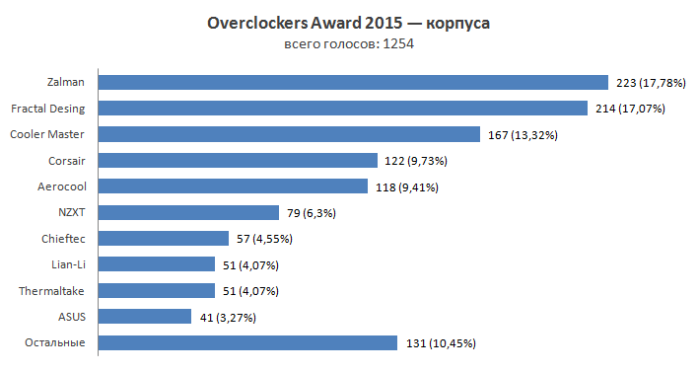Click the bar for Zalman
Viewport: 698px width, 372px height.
pyautogui.click(x=355, y=83)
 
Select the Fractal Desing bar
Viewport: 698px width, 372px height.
pyautogui.click(x=344, y=109)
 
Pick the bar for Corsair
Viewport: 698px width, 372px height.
pyautogui.click(x=240, y=161)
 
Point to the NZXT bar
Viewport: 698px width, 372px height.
pyautogui.click(x=190, y=212)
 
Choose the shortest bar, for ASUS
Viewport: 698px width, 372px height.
pyautogui.click(x=147, y=317)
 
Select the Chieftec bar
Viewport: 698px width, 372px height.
pyautogui.click(x=165, y=238)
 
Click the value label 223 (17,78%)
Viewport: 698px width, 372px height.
pyautogui.click(x=650, y=83)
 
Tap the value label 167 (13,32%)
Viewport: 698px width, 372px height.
pyautogui.click(x=523, y=135)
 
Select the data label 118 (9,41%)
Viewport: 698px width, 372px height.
pyautogui.click(x=406, y=186)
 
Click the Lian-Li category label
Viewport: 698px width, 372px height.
pyautogui.click(x=65, y=263)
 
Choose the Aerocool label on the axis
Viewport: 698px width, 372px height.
pyautogui.click(x=61, y=186)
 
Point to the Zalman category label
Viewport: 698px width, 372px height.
pyautogui.click(x=65, y=82)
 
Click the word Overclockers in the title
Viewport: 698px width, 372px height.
pyautogui.click(x=256, y=23)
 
